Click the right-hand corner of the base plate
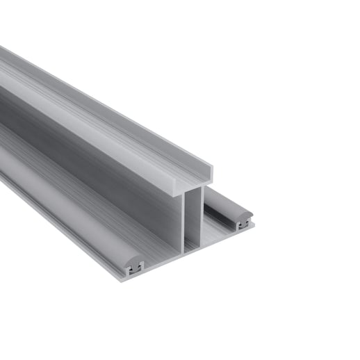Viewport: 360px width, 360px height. (252, 224)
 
